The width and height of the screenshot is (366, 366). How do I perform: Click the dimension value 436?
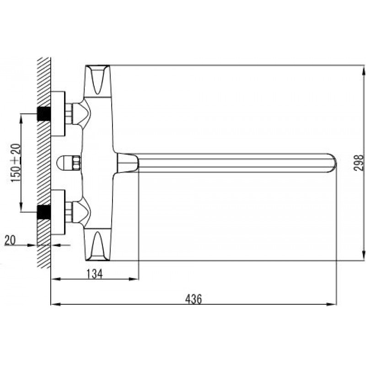click(x=193, y=299)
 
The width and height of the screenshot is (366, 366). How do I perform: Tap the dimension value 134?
click(x=95, y=274)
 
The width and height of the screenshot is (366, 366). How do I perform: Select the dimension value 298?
click(x=359, y=163)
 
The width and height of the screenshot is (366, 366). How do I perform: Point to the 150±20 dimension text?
click(x=16, y=163)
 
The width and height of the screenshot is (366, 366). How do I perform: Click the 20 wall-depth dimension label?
click(x=10, y=240)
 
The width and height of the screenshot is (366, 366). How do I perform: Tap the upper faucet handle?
click(x=97, y=81)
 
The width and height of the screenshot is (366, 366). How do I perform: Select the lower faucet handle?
click(x=97, y=245)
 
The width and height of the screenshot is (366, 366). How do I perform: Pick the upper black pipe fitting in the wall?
click(x=44, y=113)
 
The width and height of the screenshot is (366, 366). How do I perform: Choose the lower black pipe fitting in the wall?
click(x=44, y=212)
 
